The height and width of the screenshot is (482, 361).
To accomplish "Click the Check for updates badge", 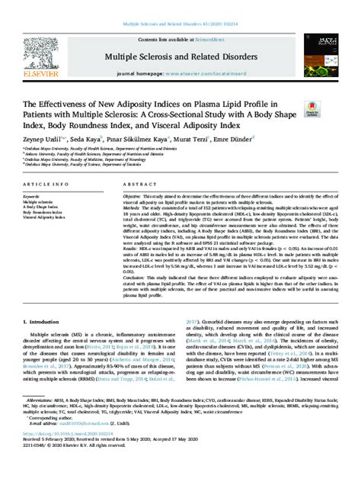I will click(x=312, y=111).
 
